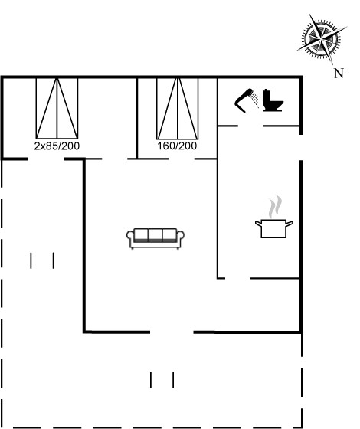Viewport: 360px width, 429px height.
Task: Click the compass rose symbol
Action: coord(322,38)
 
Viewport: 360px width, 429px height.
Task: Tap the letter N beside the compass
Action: coord(339,74)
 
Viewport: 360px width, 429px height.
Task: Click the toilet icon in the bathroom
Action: coord(273,100)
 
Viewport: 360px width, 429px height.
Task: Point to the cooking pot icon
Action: coord(274,228)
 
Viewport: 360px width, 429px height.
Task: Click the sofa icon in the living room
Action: coord(155,238)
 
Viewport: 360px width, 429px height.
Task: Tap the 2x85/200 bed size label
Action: coord(57,146)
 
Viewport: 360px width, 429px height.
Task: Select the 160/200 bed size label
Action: coord(177,146)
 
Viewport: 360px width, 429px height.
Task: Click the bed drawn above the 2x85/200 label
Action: coord(57,108)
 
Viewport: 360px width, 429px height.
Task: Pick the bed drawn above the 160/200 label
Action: coord(178,108)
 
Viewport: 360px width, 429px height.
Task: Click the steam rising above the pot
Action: coord(275,207)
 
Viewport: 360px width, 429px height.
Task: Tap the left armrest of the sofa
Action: coord(130,237)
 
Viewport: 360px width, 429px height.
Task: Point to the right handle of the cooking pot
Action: coord(290,224)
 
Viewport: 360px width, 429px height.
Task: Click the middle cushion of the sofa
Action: coord(155,234)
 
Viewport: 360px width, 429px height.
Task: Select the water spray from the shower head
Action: coord(255,100)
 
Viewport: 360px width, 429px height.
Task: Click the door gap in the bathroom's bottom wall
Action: coord(251,126)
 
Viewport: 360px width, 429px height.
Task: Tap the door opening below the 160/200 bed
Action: coord(182,159)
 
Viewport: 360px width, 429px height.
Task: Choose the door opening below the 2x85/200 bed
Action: coord(46,159)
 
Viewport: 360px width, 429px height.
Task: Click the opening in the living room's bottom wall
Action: coord(172,332)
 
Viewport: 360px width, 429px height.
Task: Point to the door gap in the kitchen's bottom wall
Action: coord(237,279)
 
